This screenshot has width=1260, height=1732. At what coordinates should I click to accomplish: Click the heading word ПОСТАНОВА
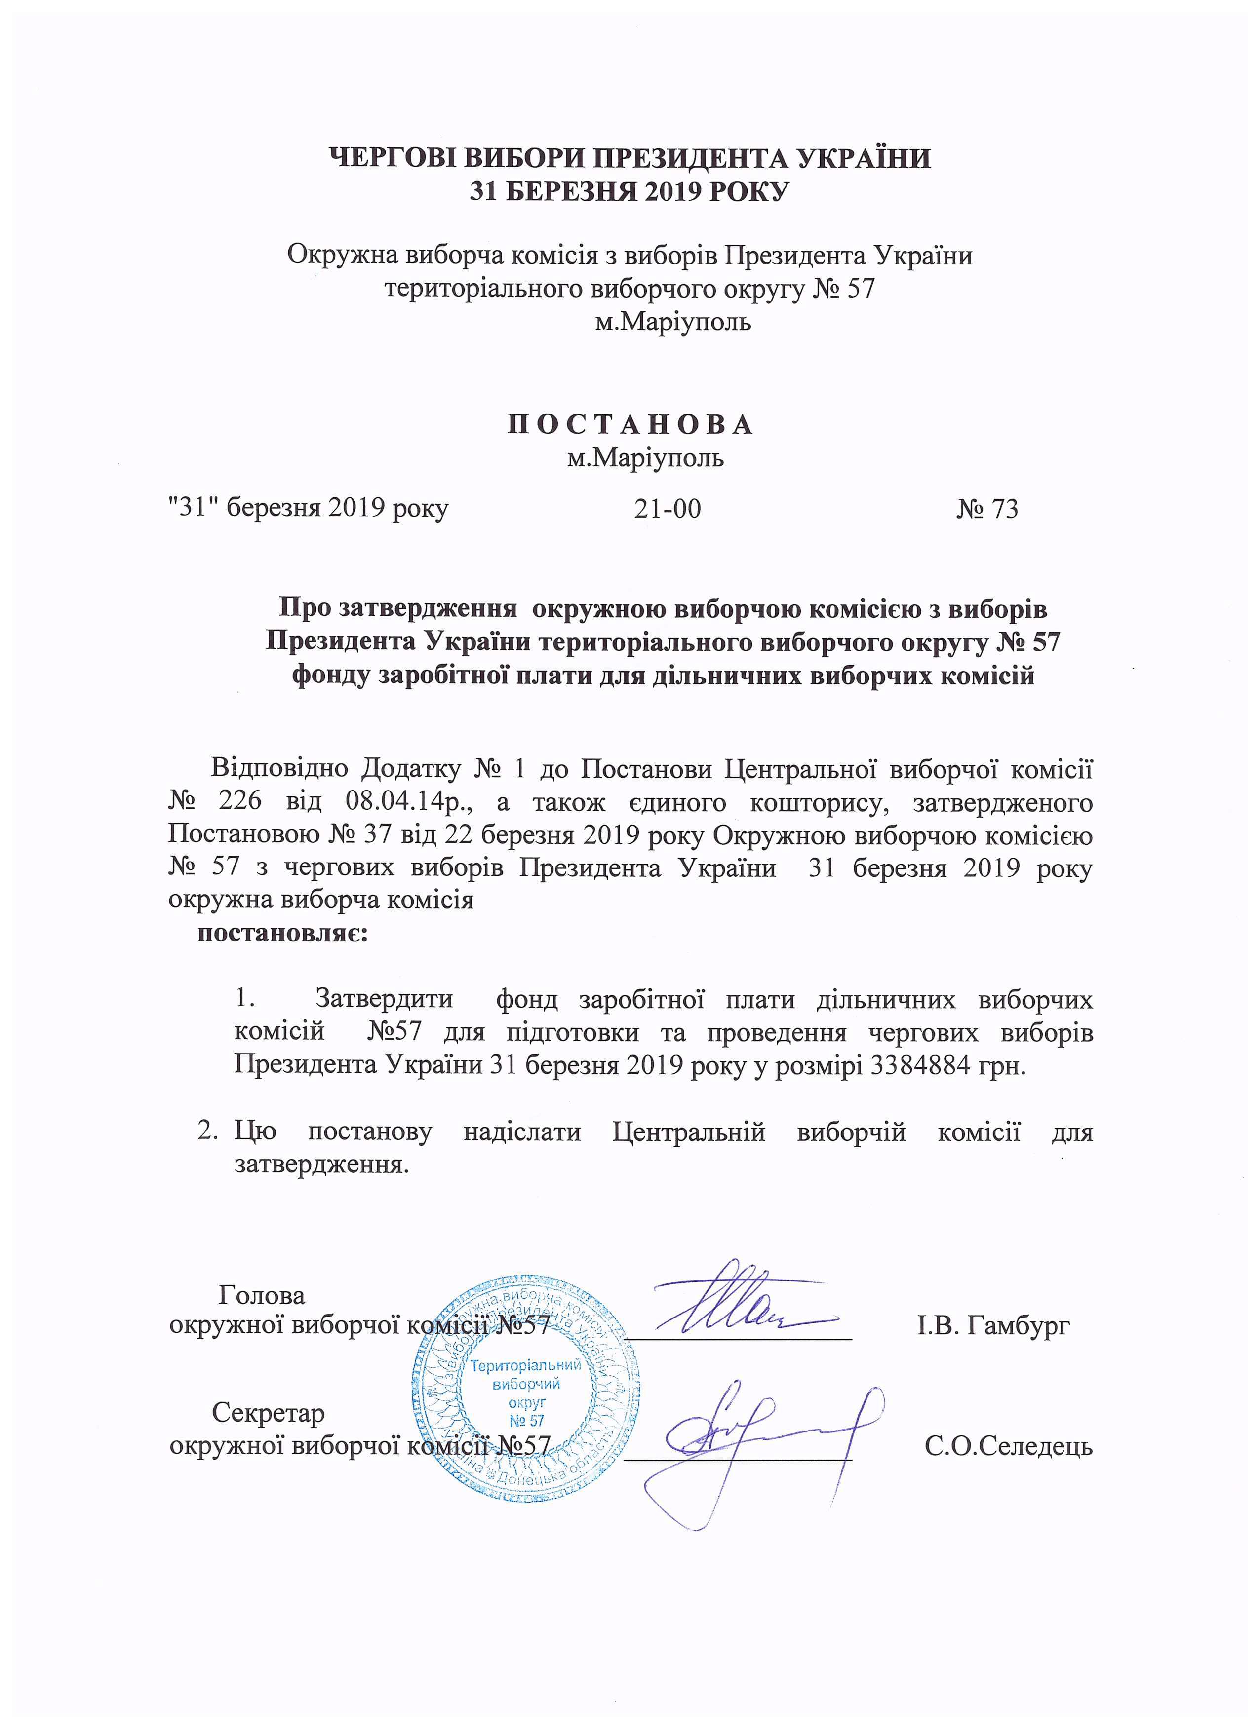tap(630, 425)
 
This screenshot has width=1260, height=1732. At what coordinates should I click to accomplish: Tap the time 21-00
tap(667, 509)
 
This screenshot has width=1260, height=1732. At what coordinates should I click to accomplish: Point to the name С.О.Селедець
tap(1008, 1446)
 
